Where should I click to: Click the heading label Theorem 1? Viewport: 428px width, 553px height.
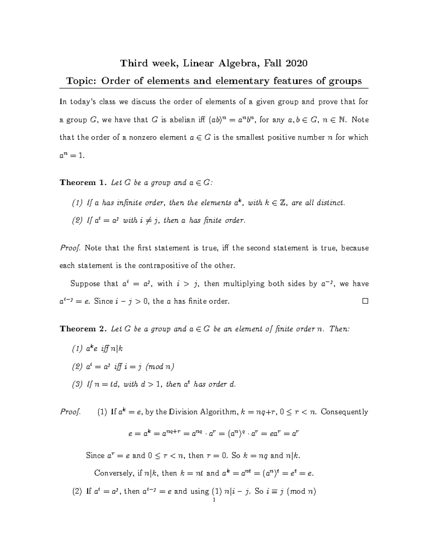tap(83, 183)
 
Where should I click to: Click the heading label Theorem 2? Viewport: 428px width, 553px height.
tap(83, 329)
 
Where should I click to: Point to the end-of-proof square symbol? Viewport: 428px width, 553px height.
tap(365, 301)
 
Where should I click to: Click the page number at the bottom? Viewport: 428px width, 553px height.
tap(213, 501)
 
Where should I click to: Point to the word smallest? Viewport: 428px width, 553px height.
tap(249, 137)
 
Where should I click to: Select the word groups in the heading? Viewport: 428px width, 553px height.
tap(345, 81)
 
